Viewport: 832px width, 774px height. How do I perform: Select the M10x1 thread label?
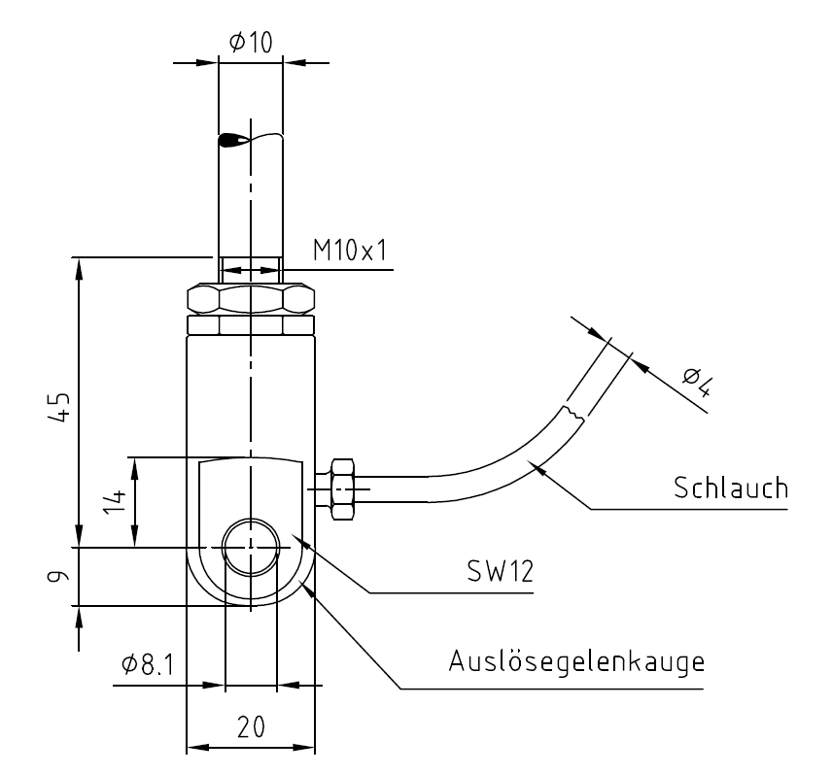pos(350,251)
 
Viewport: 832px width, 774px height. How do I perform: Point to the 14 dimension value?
pos(115,501)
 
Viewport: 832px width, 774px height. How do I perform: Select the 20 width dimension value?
pos(251,726)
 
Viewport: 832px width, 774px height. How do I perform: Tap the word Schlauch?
pos(731,488)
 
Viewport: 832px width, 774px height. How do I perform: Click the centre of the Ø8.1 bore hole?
pos(251,547)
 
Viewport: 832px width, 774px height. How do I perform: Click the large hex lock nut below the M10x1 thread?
pos(251,298)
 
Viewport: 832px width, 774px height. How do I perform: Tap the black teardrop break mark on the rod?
pos(233,141)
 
